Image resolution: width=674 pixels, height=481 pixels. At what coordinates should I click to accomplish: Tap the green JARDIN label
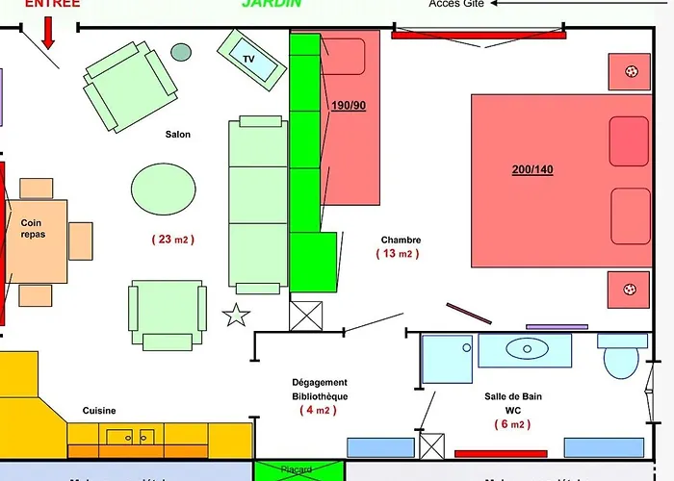(x=271, y=4)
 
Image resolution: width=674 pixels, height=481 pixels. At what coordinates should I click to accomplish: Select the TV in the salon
(x=249, y=59)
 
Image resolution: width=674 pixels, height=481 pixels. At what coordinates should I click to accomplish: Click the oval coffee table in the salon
(x=163, y=188)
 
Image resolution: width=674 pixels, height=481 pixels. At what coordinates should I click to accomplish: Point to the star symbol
(x=236, y=315)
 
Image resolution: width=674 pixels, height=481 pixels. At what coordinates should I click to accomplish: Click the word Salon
(x=177, y=135)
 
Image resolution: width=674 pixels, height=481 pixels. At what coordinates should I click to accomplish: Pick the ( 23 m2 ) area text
(x=173, y=240)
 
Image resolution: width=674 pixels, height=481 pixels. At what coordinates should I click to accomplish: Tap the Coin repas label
(x=32, y=228)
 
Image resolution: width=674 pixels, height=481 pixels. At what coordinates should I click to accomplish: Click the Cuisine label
(x=99, y=411)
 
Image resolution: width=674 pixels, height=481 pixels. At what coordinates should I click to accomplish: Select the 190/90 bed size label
(x=349, y=105)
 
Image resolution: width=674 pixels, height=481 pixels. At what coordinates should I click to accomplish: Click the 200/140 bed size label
(x=532, y=170)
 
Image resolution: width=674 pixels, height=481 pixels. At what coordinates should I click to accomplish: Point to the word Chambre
(x=401, y=240)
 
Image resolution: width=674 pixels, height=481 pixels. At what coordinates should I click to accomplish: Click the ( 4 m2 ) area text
(x=320, y=411)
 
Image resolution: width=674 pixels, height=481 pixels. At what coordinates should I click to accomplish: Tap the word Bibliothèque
(x=320, y=396)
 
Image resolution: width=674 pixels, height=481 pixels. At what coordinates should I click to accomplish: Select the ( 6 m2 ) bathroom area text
(x=512, y=424)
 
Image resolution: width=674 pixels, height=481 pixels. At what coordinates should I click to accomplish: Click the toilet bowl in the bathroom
(x=621, y=360)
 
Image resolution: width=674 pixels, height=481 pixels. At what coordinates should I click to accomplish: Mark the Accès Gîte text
(x=457, y=4)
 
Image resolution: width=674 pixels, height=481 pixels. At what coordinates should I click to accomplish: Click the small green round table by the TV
(x=181, y=52)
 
